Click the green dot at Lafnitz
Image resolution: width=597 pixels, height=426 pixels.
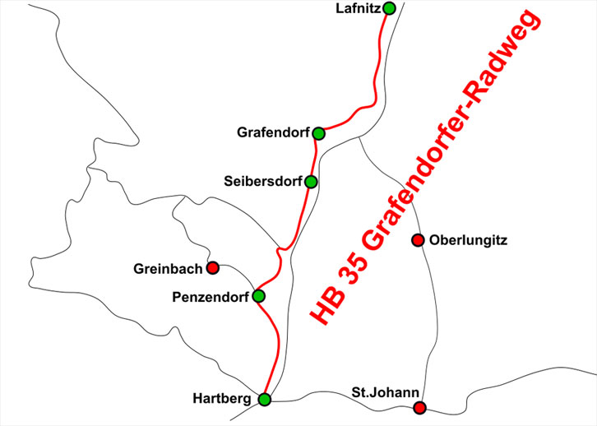(x=389, y=8)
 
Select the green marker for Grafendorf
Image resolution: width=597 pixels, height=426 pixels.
(x=320, y=133)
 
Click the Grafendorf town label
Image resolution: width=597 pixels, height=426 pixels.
(x=274, y=132)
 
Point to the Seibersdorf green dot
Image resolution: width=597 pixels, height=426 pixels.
(x=311, y=182)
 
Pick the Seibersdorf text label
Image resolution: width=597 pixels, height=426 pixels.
(x=263, y=181)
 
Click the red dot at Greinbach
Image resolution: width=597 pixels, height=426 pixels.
(x=212, y=267)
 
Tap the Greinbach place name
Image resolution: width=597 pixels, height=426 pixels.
(x=168, y=268)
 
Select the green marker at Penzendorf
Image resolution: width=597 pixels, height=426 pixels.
(x=258, y=296)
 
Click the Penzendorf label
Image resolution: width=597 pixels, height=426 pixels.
(x=212, y=296)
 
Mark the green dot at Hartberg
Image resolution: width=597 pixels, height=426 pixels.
(x=264, y=400)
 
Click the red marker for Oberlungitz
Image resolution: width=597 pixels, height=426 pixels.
(x=417, y=240)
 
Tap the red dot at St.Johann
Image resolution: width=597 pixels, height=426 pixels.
(x=419, y=408)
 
